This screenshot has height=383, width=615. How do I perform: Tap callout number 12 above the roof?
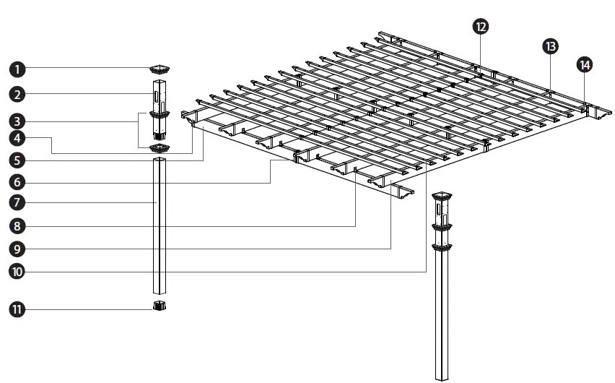(480, 26)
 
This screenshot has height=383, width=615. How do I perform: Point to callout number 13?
(550, 46)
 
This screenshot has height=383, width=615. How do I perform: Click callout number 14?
(585, 65)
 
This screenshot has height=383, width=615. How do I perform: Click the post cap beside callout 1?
(160, 69)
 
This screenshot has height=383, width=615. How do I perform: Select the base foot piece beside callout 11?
(160, 306)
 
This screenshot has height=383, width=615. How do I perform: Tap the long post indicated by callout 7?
(160, 224)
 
